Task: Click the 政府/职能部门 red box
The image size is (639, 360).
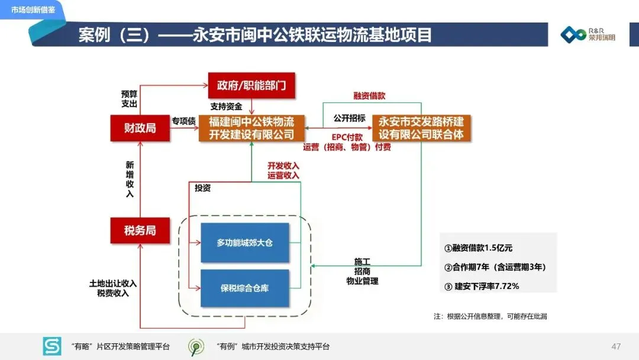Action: tap(251, 85)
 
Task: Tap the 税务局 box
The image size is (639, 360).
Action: tap(140, 230)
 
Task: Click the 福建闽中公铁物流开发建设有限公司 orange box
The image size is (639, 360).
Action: tap(251, 128)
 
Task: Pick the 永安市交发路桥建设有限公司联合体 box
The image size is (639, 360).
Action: tap(421, 128)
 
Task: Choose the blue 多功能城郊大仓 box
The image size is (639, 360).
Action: tap(244, 243)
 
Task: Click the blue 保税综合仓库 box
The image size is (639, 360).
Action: tap(244, 288)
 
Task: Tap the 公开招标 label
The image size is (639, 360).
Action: tap(349, 118)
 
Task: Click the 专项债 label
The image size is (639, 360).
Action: tap(183, 121)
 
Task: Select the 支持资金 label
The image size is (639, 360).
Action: tap(226, 107)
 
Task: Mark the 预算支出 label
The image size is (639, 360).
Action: tap(129, 99)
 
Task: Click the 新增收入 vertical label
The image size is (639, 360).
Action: tap(130, 179)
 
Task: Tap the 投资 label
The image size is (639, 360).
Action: tap(203, 188)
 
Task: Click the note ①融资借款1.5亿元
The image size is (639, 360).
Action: tap(479, 248)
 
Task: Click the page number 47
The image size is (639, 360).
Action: tap(616, 346)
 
